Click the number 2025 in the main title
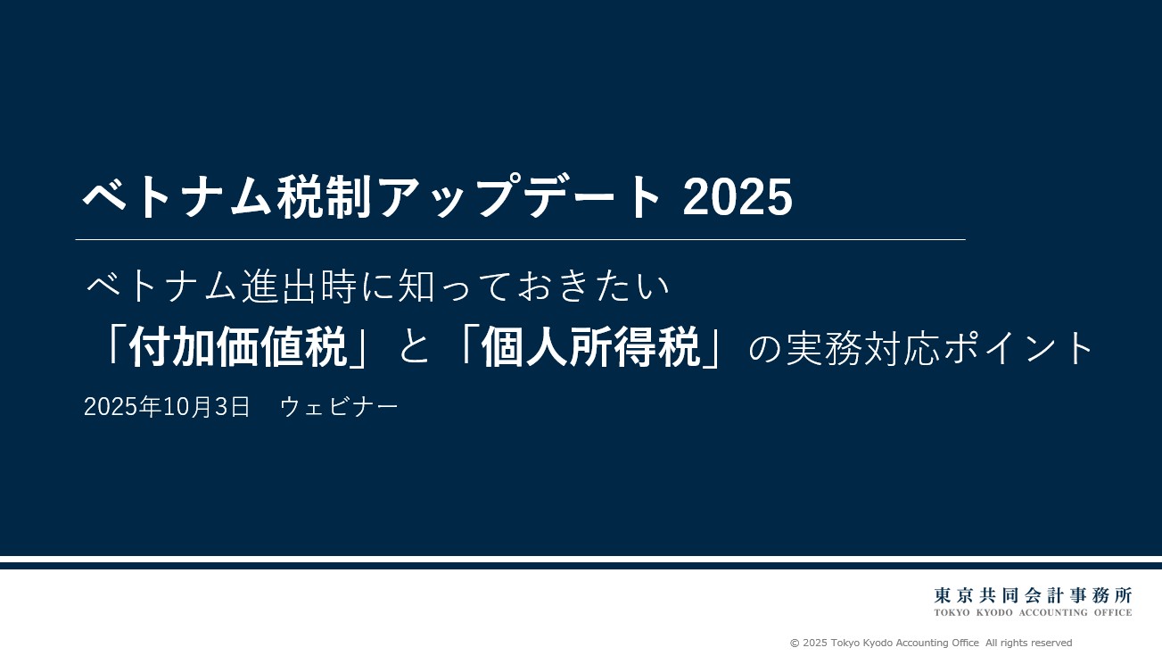point(738,196)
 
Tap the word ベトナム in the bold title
point(177,197)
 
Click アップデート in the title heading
point(519,197)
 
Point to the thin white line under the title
point(520,240)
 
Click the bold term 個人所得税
point(591,348)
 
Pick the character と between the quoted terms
point(415,349)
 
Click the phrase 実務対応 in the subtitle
point(862,348)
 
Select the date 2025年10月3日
point(167,406)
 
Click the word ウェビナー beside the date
point(339,406)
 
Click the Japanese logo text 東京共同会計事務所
point(1033,594)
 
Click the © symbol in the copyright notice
point(795,643)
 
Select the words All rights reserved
point(1029,643)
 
